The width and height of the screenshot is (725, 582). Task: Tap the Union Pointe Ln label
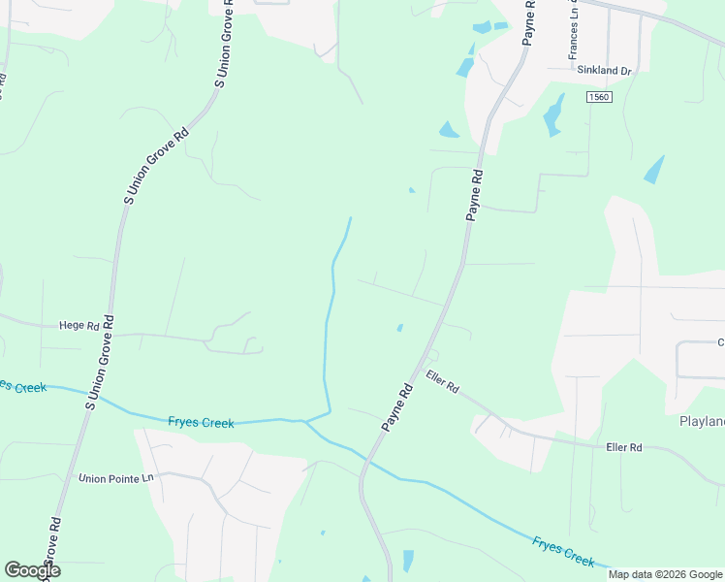[x=116, y=478]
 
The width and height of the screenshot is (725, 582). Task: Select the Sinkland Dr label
[x=604, y=71]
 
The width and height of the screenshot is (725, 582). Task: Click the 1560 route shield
[x=600, y=97]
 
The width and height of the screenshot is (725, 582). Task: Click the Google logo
[x=32, y=570]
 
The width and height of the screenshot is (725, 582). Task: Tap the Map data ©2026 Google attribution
[x=666, y=574]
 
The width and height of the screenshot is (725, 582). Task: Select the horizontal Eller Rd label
[x=623, y=447]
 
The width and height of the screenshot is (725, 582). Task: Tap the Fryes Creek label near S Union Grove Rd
[x=201, y=422]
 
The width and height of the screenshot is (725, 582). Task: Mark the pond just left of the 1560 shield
[x=552, y=115]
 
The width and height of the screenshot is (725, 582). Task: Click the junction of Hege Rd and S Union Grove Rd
[x=109, y=333]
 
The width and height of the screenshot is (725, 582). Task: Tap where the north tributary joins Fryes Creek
[x=306, y=421]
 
